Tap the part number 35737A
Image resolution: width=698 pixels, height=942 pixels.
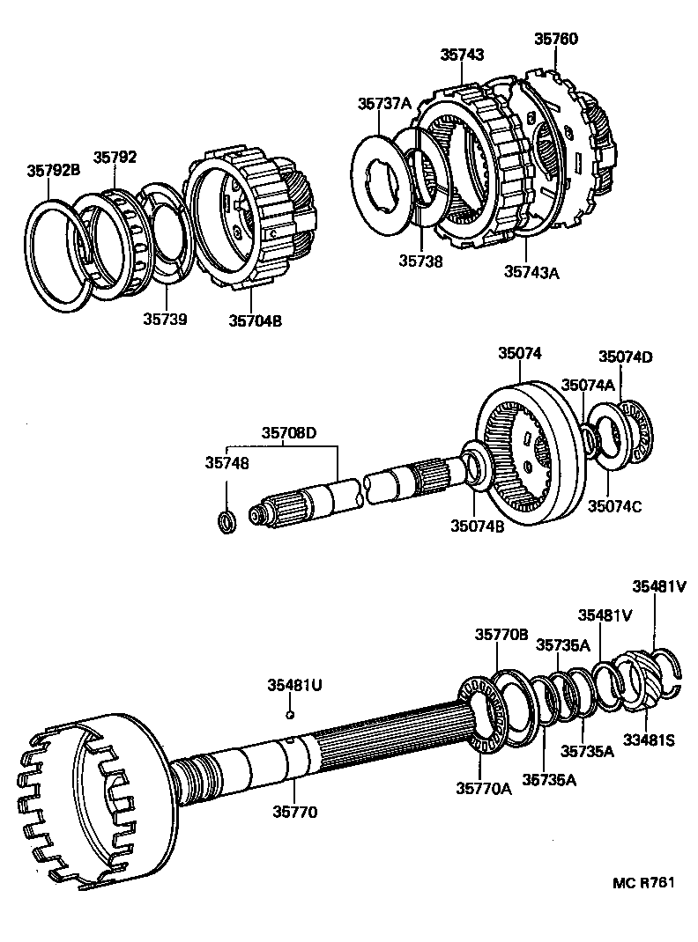coord(384,103)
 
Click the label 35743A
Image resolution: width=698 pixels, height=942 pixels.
coord(531,272)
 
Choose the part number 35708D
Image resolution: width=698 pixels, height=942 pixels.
coord(288,432)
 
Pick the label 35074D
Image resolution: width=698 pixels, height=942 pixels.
coord(626,357)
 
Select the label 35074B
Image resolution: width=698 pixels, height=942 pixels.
coord(478,526)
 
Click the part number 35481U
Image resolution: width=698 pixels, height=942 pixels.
coord(295,685)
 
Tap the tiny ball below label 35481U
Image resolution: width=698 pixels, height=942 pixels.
coord(288,715)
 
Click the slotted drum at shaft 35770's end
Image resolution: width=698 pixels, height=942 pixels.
coord(88,797)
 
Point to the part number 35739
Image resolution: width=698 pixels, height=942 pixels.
coord(165,319)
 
